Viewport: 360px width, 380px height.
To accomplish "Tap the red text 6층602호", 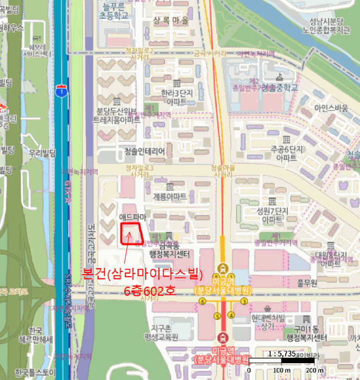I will coord(150,291).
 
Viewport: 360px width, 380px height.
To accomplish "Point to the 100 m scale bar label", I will coord(282,371).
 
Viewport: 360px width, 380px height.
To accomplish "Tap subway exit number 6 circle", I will coord(202,301).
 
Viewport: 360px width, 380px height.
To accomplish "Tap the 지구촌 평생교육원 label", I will coord(165,332).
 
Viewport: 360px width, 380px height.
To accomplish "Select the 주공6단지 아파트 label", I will coord(286,153).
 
